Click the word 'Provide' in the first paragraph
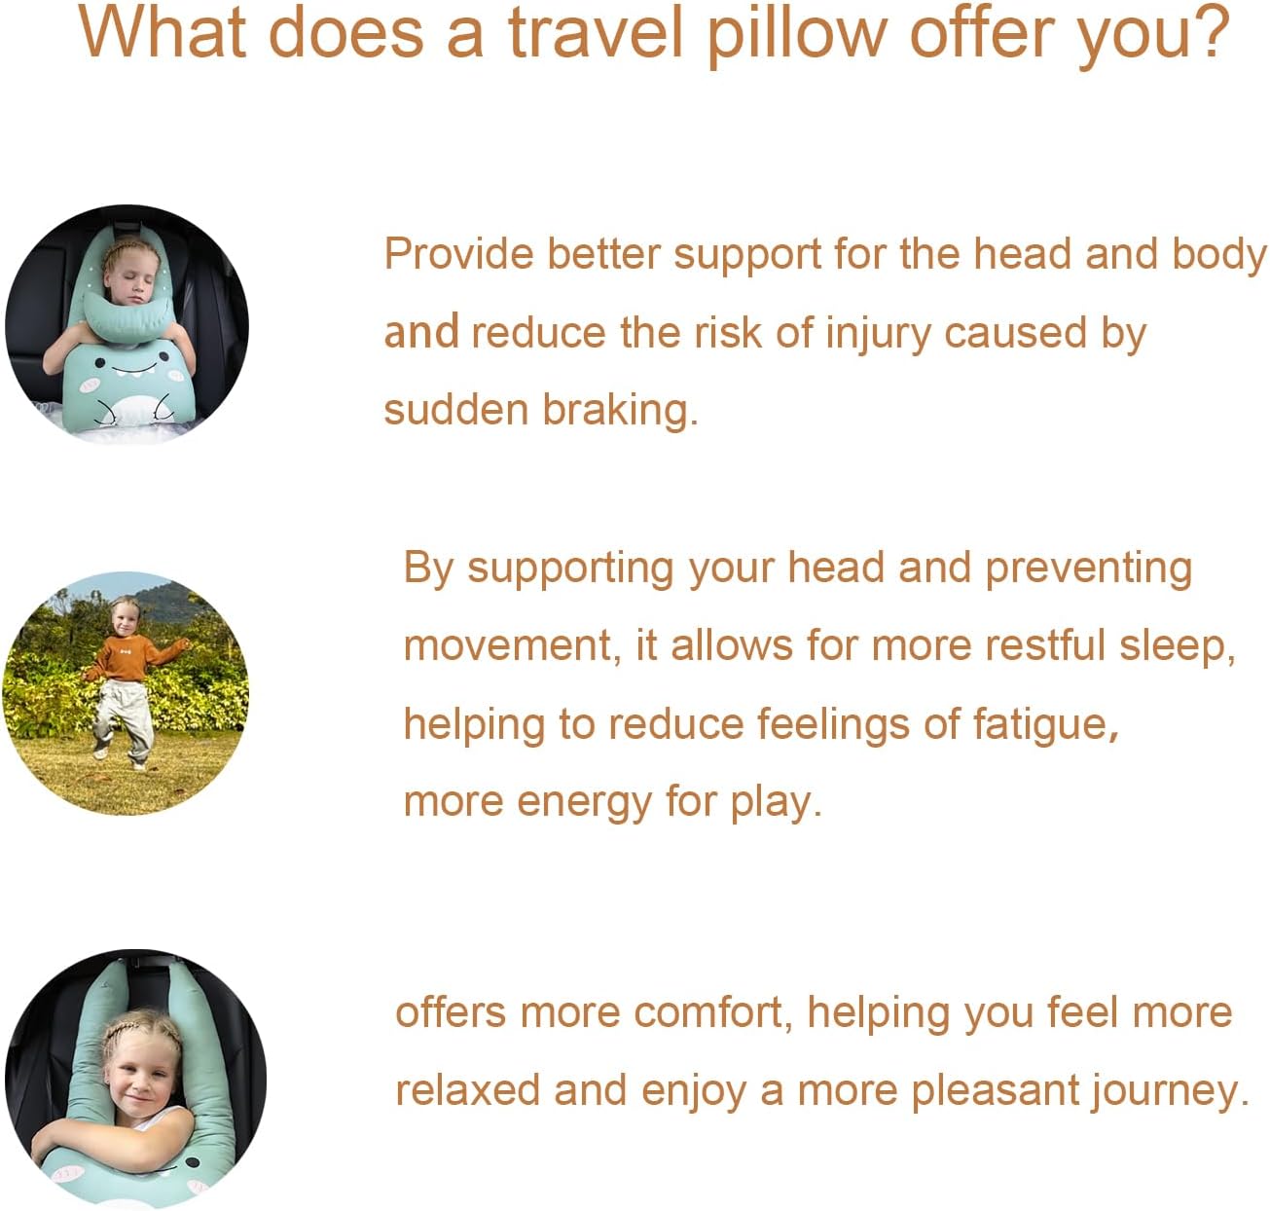tap(458, 255)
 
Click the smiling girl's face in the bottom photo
tap(140, 1080)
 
